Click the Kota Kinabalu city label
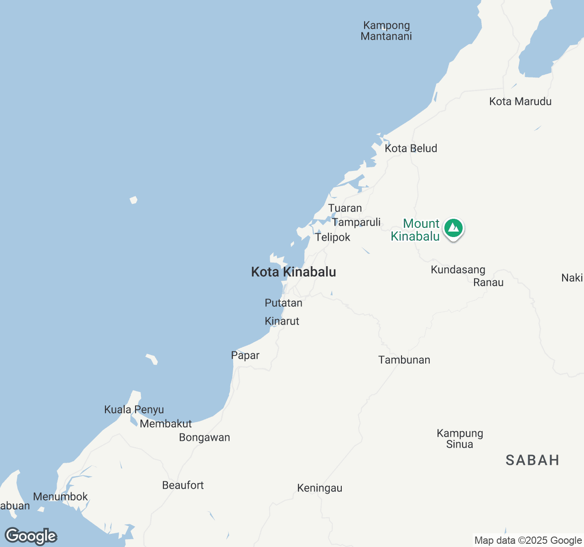click(x=293, y=272)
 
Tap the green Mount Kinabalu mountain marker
click(x=453, y=228)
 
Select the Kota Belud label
click(x=411, y=148)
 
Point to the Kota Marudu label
click(x=520, y=101)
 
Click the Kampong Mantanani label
click(x=386, y=31)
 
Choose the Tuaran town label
click(x=345, y=208)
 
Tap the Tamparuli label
click(x=356, y=222)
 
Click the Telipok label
click(x=333, y=237)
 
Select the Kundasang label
click(x=458, y=269)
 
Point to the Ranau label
click(x=488, y=282)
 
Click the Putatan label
click(x=283, y=303)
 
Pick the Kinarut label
click(x=282, y=321)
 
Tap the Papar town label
click(x=245, y=355)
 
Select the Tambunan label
click(x=404, y=360)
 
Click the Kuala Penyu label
click(x=134, y=409)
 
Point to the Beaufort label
click(x=183, y=485)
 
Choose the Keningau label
click(x=319, y=488)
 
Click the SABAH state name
click(x=532, y=460)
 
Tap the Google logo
click(x=31, y=536)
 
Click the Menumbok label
click(x=60, y=496)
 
